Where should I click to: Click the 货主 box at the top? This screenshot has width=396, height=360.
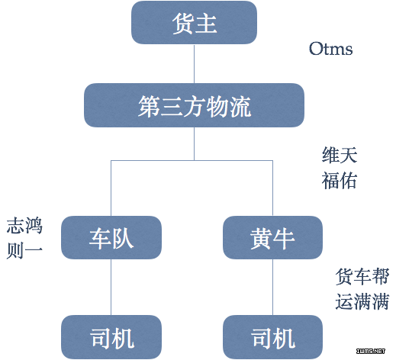pyautogui.click(x=194, y=23)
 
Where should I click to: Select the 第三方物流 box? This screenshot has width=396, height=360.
pyautogui.click(x=194, y=105)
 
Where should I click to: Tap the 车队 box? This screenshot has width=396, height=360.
pyautogui.click(x=111, y=237)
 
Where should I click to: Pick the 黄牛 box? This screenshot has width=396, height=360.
pyautogui.click(x=272, y=237)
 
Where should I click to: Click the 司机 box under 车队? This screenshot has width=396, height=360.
pyautogui.click(x=111, y=337)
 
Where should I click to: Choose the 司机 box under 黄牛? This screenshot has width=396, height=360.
pyautogui.click(x=272, y=337)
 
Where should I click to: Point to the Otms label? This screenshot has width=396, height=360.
pyautogui.click(x=330, y=49)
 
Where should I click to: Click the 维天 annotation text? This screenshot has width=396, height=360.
pyautogui.click(x=340, y=155)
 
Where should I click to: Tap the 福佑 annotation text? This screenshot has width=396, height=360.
pyautogui.click(x=340, y=180)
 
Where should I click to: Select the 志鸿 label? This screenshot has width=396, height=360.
pyautogui.click(x=24, y=226)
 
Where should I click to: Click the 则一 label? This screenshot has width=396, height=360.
pyautogui.click(x=24, y=250)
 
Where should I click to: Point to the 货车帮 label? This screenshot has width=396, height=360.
pyautogui.click(x=362, y=276)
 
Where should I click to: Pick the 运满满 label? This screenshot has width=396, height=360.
pyautogui.click(x=362, y=301)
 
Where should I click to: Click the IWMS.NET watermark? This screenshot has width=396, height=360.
pyautogui.click(x=371, y=351)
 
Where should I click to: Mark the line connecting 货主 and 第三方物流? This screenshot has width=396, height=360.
pyautogui.click(x=195, y=64)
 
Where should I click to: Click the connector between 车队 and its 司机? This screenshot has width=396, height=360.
pyautogui.click(x=111, y=288)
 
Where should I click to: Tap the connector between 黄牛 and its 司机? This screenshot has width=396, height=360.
pyautogui.click(x=272, y=288)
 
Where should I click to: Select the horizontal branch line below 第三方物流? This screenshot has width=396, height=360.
pyautogui.click(x=192, y=160)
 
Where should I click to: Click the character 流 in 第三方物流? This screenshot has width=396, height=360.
pyautogui.click(x=240, y=107)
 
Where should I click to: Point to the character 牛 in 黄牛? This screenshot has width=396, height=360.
pyautogui.click(x=284, y=239)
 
